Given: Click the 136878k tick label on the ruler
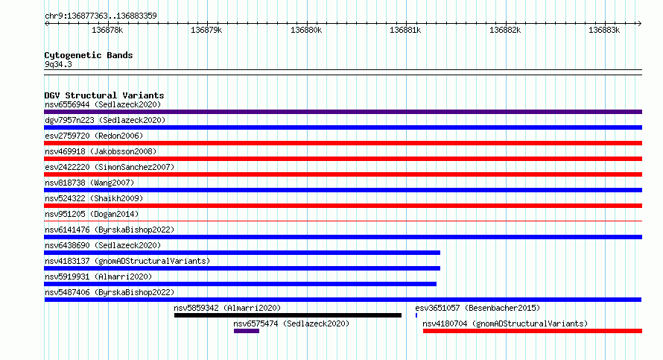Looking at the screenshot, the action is coord(107,30).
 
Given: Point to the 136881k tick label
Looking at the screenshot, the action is coord(405,30).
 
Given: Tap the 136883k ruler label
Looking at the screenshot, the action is coord(604,30).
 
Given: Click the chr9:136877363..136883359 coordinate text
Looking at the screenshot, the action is coord(101,16).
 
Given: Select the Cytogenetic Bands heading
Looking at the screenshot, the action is coord(89,55).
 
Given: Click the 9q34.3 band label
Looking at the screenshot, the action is coord(58,64).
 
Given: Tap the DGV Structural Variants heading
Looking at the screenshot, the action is coord(104,95).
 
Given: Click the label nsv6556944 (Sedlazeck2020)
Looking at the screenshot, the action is coord(103,104).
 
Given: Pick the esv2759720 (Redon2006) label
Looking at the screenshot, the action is coord(94,136).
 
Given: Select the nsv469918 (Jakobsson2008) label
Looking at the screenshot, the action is coord(101,151).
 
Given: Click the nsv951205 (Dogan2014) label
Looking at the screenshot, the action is coord(92,214).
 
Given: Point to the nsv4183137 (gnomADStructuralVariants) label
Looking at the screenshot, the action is coord(127,261).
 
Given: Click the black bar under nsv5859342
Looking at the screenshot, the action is coord(288,315).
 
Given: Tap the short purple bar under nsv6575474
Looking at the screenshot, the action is coord(247,331).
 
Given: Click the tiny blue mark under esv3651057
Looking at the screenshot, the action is coord(416,315).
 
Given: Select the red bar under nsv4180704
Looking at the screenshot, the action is coord(533,331).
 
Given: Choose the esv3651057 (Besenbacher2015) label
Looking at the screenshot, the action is coord(478,308).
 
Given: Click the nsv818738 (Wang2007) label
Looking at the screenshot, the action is coord(89,183).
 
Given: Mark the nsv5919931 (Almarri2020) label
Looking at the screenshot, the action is coord(98,277).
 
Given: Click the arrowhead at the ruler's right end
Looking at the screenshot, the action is coord(640,24).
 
